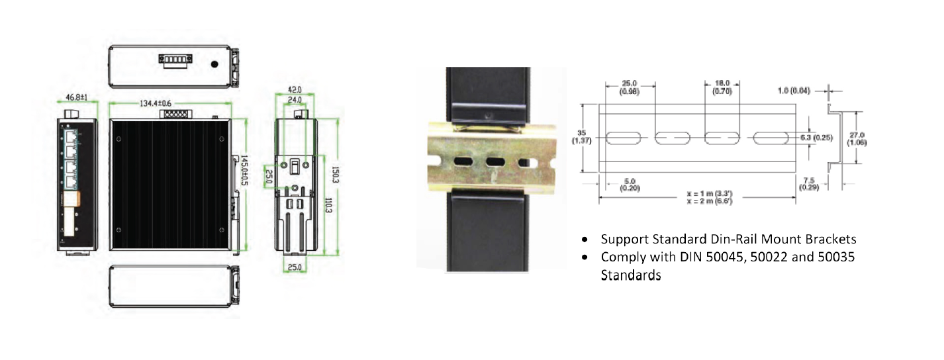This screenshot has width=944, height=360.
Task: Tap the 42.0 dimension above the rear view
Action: [x=295, y=89]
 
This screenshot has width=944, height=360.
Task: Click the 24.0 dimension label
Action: [x=295, y=100]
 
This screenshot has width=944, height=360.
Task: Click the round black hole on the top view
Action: [x=214, y=65]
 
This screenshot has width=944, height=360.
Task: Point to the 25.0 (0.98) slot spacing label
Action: [x=630, y=88]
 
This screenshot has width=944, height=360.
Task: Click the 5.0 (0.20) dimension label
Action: [x=630, y=184]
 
